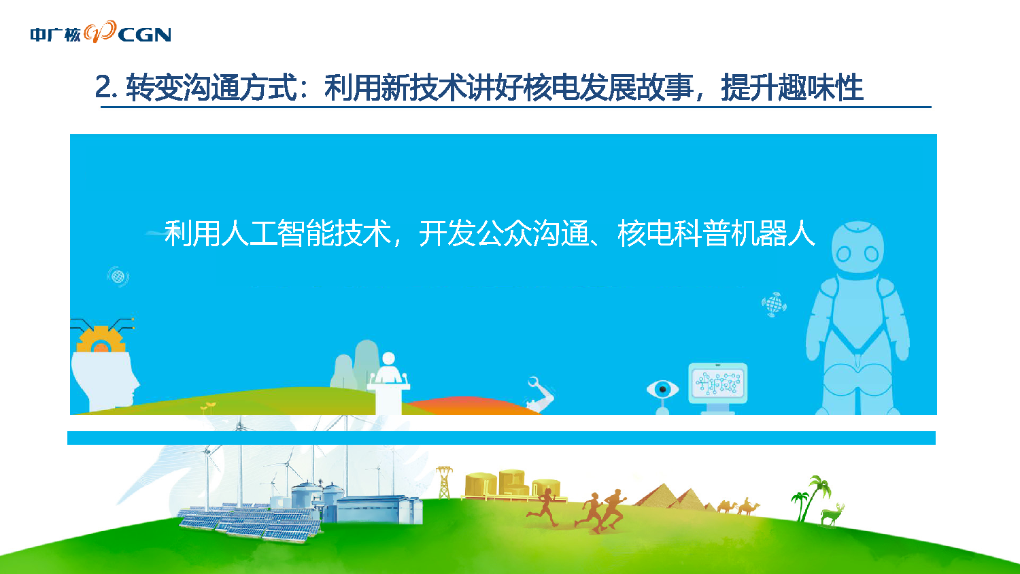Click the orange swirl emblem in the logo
[100, 32]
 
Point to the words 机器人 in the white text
[772, 233]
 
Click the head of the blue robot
[857, 248]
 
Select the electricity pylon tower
[444, 482]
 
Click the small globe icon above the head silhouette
[118, 277]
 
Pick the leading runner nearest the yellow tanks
[544, 507]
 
